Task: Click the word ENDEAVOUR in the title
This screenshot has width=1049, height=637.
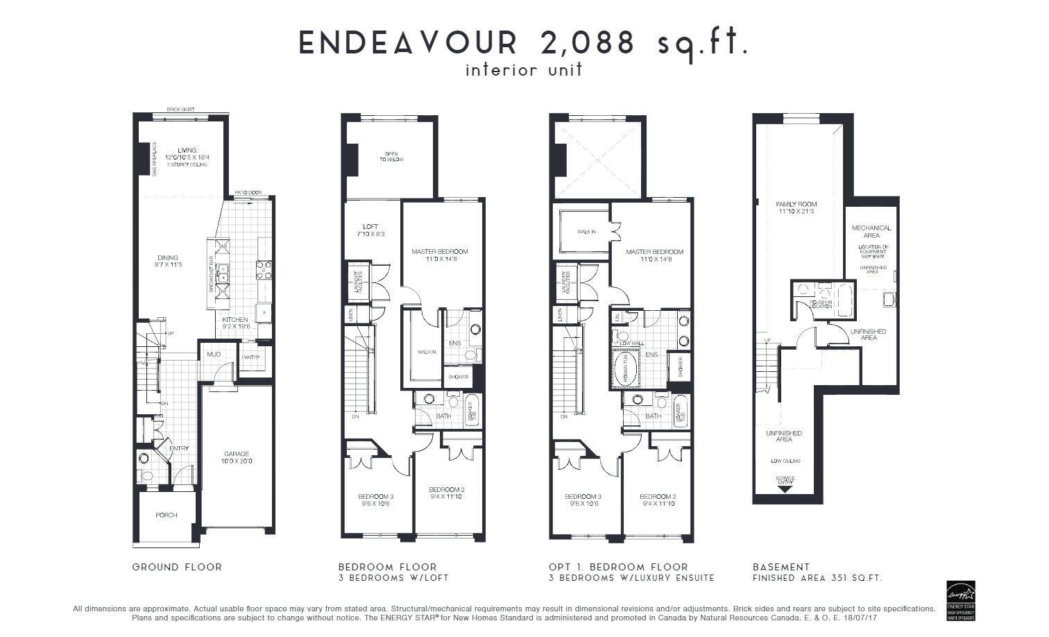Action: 409,43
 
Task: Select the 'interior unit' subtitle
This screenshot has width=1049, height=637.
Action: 524,70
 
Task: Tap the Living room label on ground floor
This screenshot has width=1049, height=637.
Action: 187,151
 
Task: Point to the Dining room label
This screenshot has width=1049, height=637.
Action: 167,257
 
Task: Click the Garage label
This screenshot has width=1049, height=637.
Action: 237,455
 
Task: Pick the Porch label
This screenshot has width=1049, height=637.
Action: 167,515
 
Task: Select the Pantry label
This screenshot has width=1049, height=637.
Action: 250,357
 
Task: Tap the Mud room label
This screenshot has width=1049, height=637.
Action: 214,355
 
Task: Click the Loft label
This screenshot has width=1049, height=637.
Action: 370,226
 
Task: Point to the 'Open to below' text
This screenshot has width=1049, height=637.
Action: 391,157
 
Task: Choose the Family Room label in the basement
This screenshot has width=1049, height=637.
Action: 796,204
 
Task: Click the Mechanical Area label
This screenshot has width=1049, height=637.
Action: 871,231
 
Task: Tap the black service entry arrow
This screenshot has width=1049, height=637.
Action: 785,489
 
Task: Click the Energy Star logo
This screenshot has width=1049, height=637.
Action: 961,600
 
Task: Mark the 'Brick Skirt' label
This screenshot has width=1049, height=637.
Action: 180,110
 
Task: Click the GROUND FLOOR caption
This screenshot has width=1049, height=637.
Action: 177,567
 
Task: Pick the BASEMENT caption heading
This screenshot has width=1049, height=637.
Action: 781,567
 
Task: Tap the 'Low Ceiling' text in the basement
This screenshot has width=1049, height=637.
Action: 785,461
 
